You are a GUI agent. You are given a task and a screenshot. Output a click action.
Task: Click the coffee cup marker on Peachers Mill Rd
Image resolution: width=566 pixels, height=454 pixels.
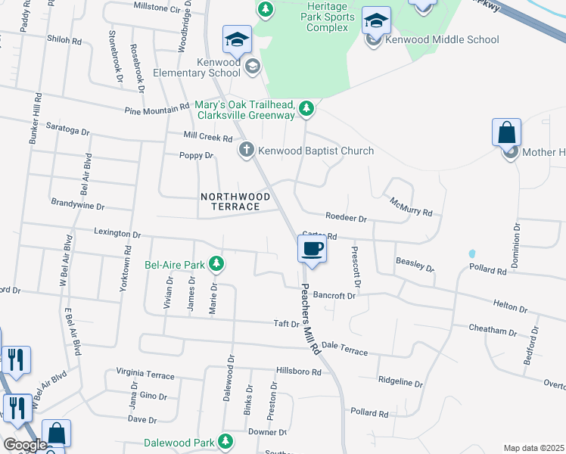(x=313, y=249)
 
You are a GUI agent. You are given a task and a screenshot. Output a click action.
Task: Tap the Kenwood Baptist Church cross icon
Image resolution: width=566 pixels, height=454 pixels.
(x=246, y=151)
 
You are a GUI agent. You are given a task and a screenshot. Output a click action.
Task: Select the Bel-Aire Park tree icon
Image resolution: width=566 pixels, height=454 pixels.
(x=217, y=265)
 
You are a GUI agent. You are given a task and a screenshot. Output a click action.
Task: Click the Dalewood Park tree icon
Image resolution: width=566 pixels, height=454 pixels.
(x=225, y=441)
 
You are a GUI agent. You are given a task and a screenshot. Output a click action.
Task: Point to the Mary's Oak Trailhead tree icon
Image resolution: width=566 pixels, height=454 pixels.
(x=306, y=109)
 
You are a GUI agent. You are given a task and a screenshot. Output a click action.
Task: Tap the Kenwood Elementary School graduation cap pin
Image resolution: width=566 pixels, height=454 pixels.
(x=237, y=40)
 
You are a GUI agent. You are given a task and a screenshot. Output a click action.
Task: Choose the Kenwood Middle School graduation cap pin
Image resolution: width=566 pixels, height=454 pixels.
(x=376, y=20)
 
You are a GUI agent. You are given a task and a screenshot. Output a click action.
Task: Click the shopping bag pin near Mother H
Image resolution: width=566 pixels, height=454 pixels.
(x=506, y=133)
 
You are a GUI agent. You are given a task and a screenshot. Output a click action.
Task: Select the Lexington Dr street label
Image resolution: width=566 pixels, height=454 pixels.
(x=117, y=234)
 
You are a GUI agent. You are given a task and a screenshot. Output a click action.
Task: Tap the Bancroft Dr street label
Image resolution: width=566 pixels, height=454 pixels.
(x=334, y=296)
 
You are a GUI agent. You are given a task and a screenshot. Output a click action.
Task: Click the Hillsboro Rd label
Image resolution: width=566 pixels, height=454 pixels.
(x=299, y=372)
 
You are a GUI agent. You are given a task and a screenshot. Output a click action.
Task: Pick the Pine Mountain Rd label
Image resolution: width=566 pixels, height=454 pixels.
(x=158, y=110)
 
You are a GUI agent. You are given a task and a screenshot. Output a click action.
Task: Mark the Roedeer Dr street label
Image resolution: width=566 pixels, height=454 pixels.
(x=346, y=218)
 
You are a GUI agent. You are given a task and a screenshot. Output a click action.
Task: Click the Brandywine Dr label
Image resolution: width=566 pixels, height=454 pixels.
(x=77, y=204)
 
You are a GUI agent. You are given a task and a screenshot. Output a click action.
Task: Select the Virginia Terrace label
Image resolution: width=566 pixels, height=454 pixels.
(x=145, y=375)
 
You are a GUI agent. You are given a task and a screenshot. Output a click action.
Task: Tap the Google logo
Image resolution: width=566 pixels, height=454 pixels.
(x=25, y=445)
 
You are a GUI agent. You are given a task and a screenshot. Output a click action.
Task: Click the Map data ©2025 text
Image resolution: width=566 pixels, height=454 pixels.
(x=533, y=448)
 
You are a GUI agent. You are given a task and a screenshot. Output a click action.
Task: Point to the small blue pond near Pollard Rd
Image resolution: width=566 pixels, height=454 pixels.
(x=472, y=253)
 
